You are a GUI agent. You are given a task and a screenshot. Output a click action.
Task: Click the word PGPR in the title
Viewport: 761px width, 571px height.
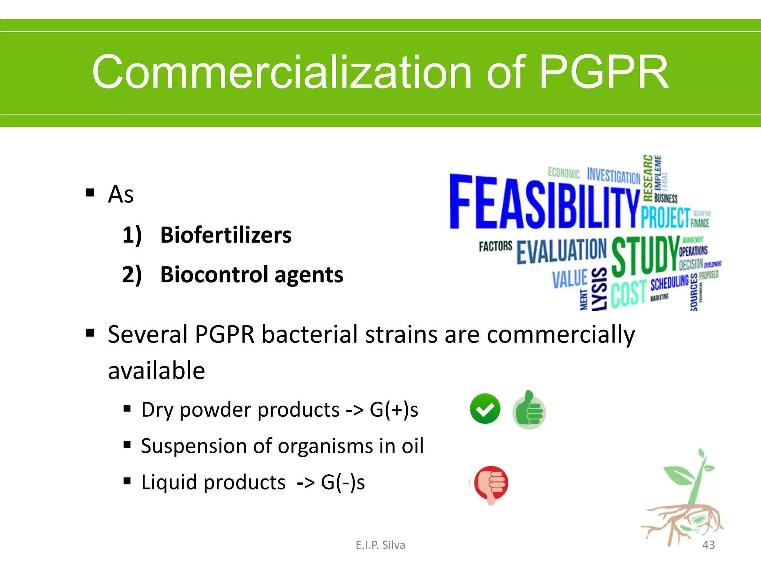[x=603, y=72]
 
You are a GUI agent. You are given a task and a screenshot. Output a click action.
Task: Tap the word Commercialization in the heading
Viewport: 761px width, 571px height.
[x=282, y=72]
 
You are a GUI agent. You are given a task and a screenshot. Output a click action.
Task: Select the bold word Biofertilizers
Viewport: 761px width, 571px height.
[x=226, y=235]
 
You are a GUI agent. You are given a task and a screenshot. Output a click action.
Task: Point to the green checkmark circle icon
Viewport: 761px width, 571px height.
[x=485, y=409]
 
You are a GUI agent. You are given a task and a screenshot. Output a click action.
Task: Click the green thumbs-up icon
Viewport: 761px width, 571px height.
[x=529, y=410]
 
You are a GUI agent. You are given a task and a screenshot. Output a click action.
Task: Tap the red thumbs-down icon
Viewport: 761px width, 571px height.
[x=491, y=484]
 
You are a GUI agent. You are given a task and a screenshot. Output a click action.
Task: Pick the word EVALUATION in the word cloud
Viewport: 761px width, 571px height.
[x=561, y=251]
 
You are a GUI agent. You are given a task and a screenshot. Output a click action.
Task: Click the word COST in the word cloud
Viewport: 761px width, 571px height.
[x=628, y=293]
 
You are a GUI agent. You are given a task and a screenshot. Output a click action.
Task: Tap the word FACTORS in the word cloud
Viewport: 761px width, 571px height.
[x=495, y=246]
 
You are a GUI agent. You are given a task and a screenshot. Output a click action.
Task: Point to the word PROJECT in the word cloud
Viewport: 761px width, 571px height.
[x=665, y=217]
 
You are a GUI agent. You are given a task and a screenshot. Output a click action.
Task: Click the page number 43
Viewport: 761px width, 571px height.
[x=708, y=545]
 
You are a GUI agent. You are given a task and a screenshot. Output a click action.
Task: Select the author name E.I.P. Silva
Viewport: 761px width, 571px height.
[x=380, y=545]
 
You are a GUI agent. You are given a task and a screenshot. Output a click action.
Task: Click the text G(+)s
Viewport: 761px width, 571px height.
[x=394, y=410]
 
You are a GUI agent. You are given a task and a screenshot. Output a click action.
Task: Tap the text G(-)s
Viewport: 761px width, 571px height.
[x=343, y=483]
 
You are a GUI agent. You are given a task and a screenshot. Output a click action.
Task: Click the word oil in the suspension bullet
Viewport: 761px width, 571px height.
[x=412, y=446]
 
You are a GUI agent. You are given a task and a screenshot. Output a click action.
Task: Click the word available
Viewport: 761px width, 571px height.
[x=156, y=371]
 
